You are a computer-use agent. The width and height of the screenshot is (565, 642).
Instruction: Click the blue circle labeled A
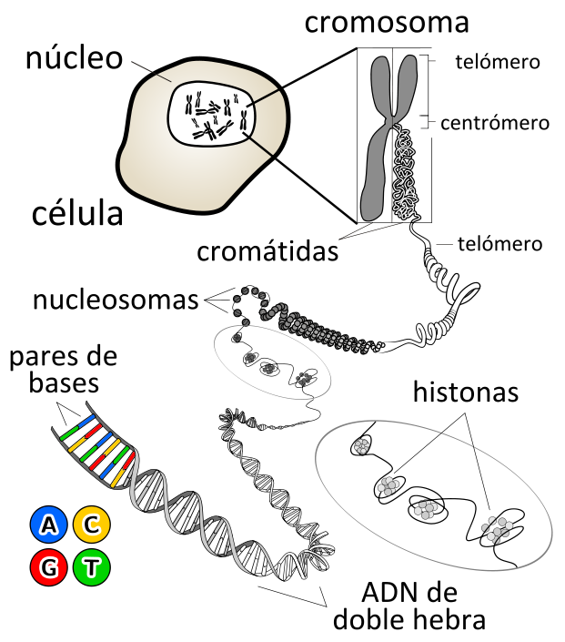(49, 525)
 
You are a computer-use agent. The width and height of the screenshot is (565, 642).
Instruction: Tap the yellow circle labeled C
(92, 525)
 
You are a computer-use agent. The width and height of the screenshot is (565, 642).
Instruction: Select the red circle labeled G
(49, 567)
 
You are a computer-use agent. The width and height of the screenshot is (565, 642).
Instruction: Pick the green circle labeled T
(92, 567)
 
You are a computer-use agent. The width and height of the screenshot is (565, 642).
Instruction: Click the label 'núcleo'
(74, 57)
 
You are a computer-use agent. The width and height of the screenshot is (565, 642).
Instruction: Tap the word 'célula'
(77, 213)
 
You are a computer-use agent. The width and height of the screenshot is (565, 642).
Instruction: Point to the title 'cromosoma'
(387, 23)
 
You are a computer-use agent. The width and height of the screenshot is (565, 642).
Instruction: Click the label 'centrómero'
(495, 123)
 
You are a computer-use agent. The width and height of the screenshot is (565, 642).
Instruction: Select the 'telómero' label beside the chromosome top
(498, 62)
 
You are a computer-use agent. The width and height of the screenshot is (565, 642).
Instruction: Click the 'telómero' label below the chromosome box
(500, 244)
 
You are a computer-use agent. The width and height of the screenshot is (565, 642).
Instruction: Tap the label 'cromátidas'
(267, 251)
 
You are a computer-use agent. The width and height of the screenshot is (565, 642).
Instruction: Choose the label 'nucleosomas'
(116, 300)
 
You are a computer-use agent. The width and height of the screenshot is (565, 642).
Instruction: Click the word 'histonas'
(466, 392)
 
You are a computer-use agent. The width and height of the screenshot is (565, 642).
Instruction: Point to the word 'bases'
(64, 383)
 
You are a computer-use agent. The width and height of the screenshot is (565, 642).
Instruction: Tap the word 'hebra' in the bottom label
(454, 619)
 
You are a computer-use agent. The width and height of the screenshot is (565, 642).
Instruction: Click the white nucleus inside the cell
(211, 113)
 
